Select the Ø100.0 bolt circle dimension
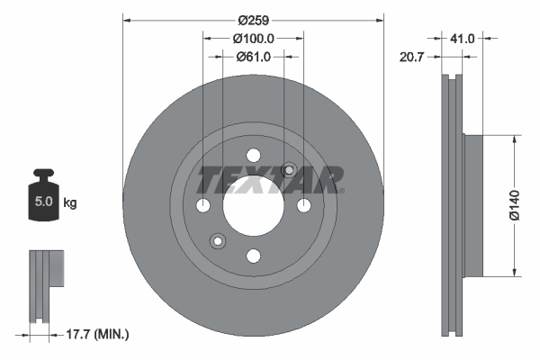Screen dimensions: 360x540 click(253, 39)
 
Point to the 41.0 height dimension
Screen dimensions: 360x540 click(463, 39)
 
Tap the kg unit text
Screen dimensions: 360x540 click(70, 203)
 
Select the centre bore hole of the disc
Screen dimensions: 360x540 click(253, 205)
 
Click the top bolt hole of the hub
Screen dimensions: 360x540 click(253, 155)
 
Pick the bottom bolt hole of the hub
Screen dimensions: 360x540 click(253, 256)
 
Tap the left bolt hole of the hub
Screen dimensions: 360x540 click(202, 206)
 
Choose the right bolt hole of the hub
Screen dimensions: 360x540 click(304, 206)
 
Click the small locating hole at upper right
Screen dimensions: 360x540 click(289, 170)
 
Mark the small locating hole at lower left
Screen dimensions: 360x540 click(217, 241)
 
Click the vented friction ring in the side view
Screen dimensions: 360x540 click(453, 205)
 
